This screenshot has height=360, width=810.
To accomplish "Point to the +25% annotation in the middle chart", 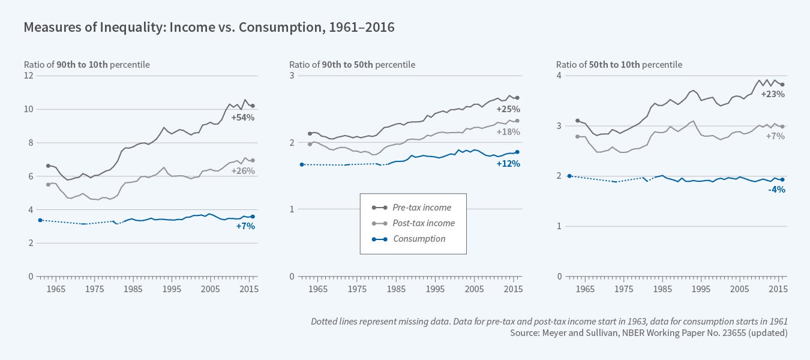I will point(508,109).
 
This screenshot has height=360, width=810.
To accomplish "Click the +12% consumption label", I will point(508,164).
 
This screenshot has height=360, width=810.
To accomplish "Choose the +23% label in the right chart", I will point(773,94).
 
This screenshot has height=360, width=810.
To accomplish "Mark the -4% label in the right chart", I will point(776,190).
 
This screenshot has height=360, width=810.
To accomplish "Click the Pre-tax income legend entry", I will point(422,208).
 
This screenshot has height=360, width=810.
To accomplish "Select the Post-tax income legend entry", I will point(424,223).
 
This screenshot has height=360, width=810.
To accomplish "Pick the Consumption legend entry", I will point(419,239).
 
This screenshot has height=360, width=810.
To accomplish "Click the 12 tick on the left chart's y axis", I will point(28,76).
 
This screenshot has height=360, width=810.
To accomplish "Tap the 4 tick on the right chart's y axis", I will point(559,76).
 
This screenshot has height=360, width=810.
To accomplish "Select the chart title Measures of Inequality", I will point(209,28).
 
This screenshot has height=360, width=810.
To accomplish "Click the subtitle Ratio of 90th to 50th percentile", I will point(352,65).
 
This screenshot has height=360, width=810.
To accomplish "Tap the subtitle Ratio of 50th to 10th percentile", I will point(619,65).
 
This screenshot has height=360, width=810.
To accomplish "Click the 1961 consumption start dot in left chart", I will point(40,220).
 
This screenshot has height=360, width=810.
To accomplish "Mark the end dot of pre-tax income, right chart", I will point(782,85).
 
